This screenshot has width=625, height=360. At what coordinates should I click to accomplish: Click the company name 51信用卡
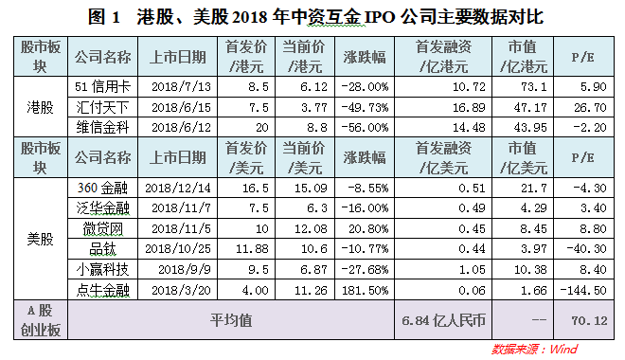[x=102, y=86]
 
